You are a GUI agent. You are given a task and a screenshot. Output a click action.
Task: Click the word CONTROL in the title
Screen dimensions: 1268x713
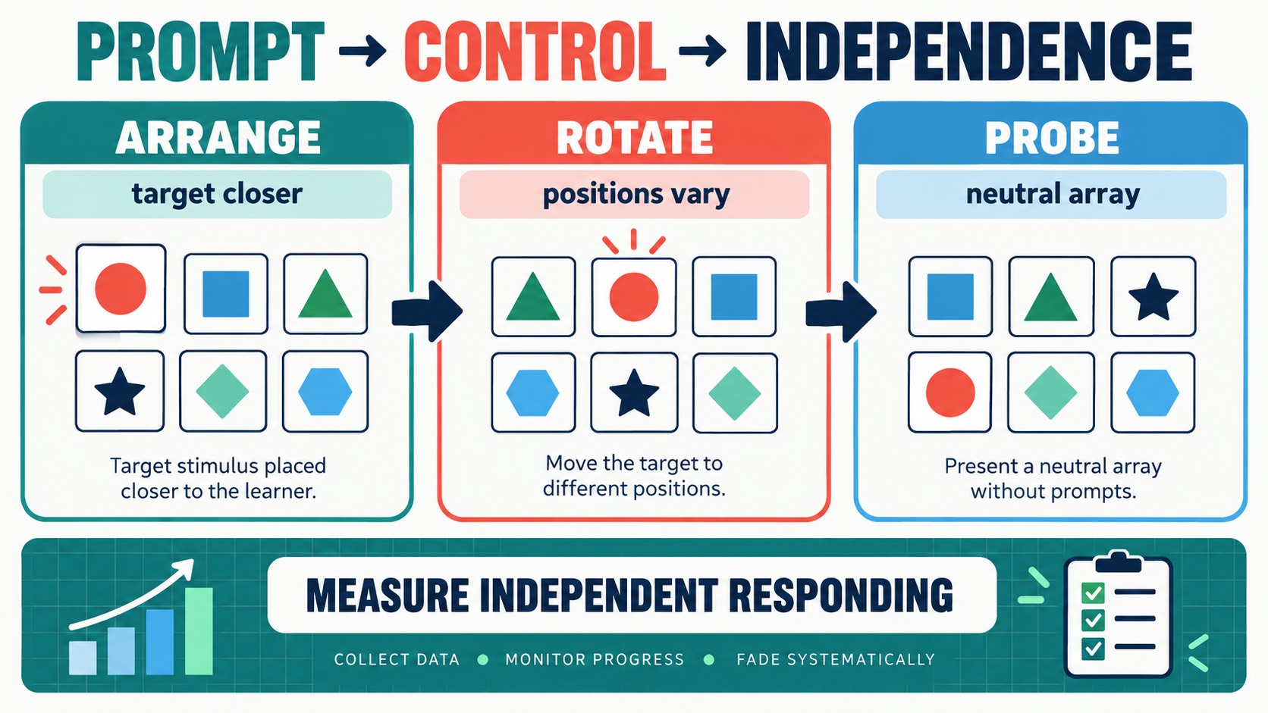[x=535, y=52]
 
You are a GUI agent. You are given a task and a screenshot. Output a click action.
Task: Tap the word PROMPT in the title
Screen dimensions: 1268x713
[x=200, y=52]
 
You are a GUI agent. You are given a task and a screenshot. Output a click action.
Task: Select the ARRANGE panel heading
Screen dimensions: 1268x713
[x=218, y=137]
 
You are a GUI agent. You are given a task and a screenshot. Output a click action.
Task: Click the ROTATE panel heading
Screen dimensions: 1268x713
[x=635, y=137]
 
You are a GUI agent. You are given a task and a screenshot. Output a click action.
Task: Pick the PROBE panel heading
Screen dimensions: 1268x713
[x=1052, y=137]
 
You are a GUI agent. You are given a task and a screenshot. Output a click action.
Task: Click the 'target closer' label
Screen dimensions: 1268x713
[x=218, y=194]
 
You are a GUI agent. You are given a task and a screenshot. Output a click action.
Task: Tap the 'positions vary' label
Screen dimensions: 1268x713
[x=636, y=195]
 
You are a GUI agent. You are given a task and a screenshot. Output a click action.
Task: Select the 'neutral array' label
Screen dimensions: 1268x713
[x=1053, y=195]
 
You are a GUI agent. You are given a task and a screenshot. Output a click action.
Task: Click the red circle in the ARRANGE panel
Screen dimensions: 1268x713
[x=121, y=289]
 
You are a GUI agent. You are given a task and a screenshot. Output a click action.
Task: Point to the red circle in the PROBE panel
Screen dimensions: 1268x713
[x=950, y=392]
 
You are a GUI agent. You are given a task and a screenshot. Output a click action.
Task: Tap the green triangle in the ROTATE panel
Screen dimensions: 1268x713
[x=532, y=297]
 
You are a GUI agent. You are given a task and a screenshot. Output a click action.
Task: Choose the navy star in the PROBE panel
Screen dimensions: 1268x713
[x=1153, y=297]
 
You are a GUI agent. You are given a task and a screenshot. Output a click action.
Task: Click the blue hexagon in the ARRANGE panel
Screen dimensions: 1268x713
[x=325, y=392]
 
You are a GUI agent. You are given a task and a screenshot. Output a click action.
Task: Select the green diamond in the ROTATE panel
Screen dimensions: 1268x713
[x=735, y=393]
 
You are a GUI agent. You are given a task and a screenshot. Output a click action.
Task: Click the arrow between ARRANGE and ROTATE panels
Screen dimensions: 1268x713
[x=428, y=311]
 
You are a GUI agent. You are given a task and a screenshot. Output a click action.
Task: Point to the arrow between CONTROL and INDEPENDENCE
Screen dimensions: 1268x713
[x=702, y=52]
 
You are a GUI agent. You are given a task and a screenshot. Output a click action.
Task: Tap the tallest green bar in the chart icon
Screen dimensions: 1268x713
[x=199, y=631]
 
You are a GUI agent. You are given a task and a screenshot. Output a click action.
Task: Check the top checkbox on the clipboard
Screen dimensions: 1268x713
[x=1093, y=593]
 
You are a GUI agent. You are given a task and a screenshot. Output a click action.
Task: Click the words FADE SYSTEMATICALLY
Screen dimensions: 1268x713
[x=836, y=659]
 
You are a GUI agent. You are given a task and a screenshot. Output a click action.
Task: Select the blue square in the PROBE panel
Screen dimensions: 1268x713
[x=950, y=297]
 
